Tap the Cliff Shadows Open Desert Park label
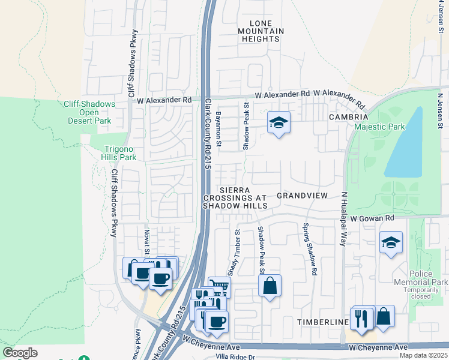(x=89, y=112)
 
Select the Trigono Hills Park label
(x=113, y=153)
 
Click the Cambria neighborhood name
(x=348, y=117)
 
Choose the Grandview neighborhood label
(x=302, y=196)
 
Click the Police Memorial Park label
(x=421, y=278)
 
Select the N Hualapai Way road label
(x=345, y=219)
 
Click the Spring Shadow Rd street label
(x=310, y=250)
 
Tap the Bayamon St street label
(x=219, y=129)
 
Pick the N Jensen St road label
(x=441, y=110)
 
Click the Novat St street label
(x=146, y=240)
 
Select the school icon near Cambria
(x=278, y=122)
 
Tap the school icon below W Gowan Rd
(x=391, y=242)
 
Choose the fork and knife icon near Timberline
(x=361, y=317)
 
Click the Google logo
(x=20, y=353)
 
